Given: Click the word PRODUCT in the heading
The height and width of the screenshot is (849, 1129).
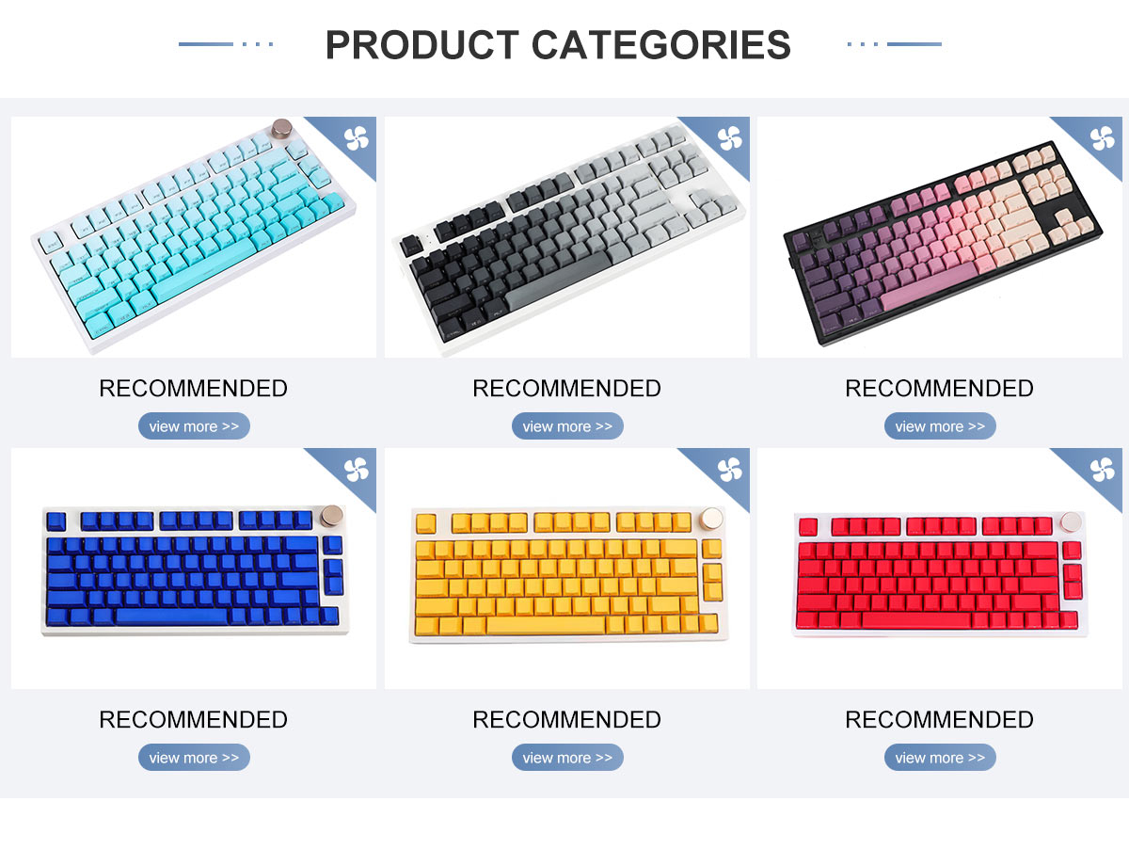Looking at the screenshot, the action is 421,45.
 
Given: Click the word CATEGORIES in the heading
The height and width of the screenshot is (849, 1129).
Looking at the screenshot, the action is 661,45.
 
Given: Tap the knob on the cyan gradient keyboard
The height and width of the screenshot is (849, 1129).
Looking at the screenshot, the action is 281,128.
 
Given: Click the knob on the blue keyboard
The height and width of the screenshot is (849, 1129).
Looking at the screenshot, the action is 332,515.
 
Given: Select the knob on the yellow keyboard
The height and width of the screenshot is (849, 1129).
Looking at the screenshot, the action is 712,518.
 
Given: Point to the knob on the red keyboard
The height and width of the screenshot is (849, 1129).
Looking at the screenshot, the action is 1071,521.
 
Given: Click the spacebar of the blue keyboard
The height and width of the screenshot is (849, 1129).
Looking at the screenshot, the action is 171,616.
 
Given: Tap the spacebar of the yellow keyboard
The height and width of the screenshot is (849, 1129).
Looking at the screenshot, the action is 546,625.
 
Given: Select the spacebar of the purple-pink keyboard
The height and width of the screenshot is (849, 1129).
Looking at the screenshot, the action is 929,285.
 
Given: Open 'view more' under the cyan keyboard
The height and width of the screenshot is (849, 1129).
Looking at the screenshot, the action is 194,426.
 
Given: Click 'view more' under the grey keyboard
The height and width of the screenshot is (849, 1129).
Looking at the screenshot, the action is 567,426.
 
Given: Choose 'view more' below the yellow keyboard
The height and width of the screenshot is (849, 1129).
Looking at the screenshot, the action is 567,758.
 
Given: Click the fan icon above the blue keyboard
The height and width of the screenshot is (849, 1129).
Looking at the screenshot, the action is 357,470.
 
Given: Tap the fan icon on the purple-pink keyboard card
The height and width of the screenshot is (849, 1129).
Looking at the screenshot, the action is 1103,138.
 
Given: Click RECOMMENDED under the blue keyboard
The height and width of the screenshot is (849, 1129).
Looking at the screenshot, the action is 194,720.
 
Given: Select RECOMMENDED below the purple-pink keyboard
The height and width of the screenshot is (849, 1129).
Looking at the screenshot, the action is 939,389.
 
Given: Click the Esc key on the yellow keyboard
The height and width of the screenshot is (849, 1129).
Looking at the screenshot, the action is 426,523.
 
